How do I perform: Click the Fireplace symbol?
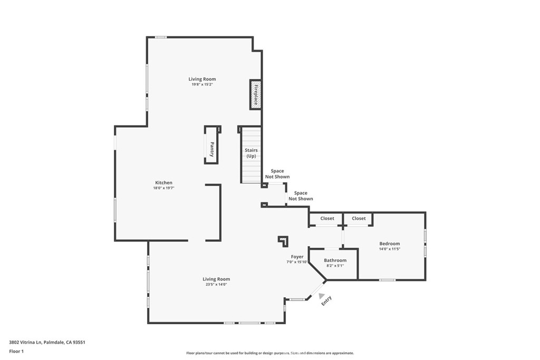(255, 95)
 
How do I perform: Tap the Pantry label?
(212, 149)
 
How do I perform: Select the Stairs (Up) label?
(251, 153)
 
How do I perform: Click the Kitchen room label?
(163, 183)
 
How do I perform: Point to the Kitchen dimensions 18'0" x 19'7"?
(163, 188)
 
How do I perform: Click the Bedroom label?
(390, 244)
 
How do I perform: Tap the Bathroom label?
(335, 260)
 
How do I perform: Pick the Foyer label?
(297, 257)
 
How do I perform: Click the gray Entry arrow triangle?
(321, 296)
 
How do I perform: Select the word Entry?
(326, 301)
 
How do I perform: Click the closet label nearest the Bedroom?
(359, 219)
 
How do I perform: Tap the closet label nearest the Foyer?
(327, 219)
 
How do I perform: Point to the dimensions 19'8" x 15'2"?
(202, 84)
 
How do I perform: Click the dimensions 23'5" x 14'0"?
(216, 285)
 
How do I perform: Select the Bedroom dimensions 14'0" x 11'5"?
(390, 249)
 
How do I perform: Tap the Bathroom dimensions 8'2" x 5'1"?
(335, 266)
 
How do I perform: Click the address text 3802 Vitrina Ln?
(25, 343)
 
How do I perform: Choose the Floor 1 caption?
(16, 352)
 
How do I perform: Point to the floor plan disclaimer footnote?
(270, 353)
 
